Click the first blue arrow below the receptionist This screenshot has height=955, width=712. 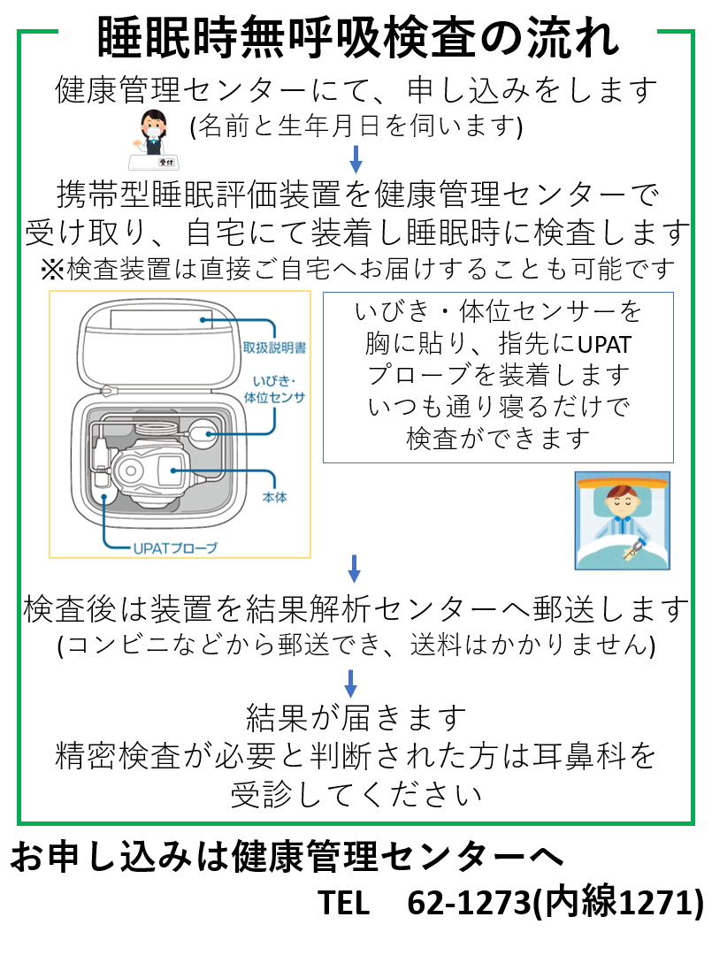356,158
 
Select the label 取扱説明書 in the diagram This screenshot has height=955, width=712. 273,348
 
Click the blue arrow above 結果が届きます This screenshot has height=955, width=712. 351,682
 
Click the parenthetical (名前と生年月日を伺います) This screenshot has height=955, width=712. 356,127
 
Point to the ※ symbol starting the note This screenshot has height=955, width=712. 50,266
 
